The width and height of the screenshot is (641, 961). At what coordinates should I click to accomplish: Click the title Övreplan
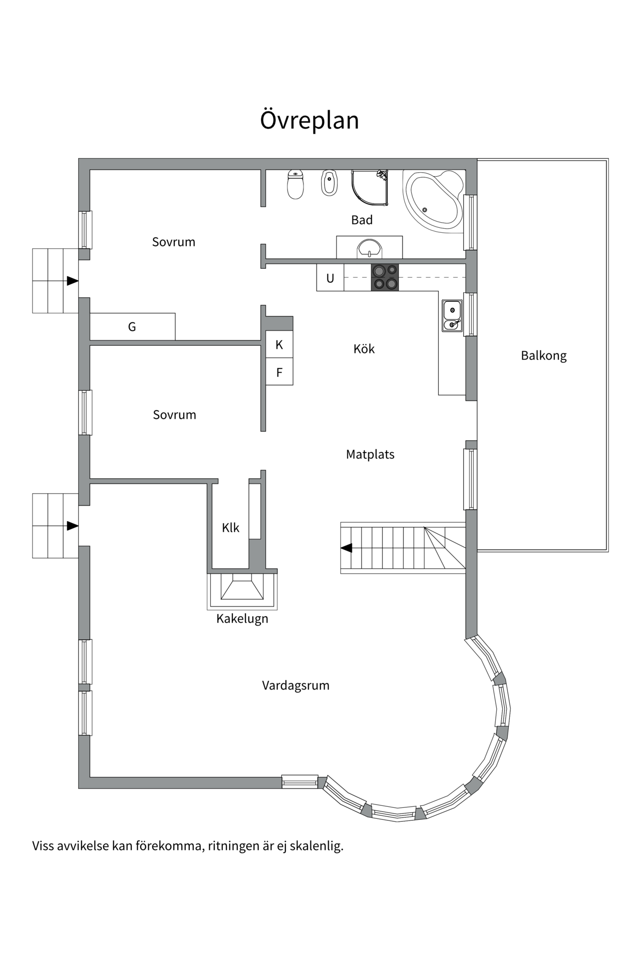309,121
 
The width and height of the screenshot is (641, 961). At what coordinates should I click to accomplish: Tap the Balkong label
544,356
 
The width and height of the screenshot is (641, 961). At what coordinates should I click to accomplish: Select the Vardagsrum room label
295,686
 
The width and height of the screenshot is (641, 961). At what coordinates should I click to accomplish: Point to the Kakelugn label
242,619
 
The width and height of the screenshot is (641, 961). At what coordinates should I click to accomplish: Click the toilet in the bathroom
295,184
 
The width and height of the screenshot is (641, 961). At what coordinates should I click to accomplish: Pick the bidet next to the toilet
329,183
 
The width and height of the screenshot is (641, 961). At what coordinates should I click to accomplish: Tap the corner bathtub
434,201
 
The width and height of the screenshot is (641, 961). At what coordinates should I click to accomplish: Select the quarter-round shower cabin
370,188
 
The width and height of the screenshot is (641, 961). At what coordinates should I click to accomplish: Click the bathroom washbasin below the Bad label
369,248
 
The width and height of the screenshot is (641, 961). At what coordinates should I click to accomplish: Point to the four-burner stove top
385,277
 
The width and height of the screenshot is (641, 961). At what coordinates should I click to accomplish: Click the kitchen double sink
452,316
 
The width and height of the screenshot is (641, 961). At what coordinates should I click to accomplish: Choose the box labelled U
330,278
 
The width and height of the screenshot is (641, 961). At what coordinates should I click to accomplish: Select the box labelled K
279,344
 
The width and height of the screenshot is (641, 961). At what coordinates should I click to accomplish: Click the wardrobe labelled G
132,327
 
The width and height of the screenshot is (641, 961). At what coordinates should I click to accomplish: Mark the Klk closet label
231,528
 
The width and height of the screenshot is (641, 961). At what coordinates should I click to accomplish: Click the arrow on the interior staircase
347,548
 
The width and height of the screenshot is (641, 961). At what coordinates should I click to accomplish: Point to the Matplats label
370,454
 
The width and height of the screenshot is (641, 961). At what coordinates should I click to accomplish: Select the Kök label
364,349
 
